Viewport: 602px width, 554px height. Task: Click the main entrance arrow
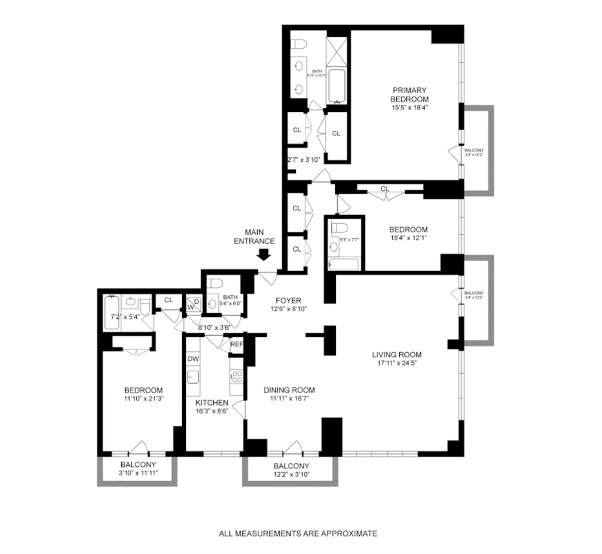(x=264, y=255)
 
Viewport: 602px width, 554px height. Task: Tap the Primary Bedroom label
(x=409, y=94)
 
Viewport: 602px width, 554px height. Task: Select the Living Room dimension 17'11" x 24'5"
(x=397, y=363)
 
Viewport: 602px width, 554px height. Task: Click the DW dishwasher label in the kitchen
(x=193, y=359)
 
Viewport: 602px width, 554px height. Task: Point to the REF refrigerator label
(x=237, y=344)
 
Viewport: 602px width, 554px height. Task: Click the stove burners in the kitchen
(x=237, y=377)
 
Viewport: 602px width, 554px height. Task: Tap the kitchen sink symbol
(x=193, y=377)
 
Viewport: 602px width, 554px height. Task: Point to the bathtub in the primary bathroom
(x=336, y=86)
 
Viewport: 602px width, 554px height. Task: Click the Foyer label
(x=288, y=301)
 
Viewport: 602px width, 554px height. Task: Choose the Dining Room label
(x=289, y=390)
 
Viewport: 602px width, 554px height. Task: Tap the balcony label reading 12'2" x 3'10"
(x=291, y=475)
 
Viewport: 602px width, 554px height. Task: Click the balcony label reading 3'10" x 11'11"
(x=138, y=473)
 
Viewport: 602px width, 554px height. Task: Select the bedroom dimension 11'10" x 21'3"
(x=144, y=398)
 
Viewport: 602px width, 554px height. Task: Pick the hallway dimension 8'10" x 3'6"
(x=214, y=327)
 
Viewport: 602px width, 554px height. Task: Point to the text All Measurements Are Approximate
(x=298, y=534)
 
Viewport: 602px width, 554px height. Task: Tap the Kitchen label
(x=212, y=403)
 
